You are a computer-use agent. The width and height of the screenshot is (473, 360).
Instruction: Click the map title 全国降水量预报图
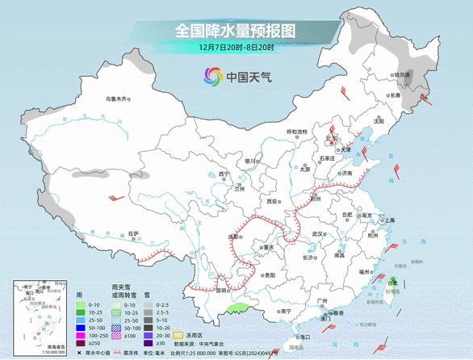click(x=236, y=31)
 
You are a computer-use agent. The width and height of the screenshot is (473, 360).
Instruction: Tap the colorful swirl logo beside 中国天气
click(x=211, y=77)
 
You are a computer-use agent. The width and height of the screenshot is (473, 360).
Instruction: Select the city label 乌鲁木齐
click(x=117, y=99)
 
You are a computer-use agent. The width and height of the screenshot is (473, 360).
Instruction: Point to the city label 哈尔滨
click(x=401, y=74)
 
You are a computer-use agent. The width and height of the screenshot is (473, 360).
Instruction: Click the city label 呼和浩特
click(x=298, y=132)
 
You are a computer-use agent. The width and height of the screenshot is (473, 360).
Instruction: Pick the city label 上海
click(x=389, y=220)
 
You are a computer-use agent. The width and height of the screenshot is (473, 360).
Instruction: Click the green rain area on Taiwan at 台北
click(x=391, y=283)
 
